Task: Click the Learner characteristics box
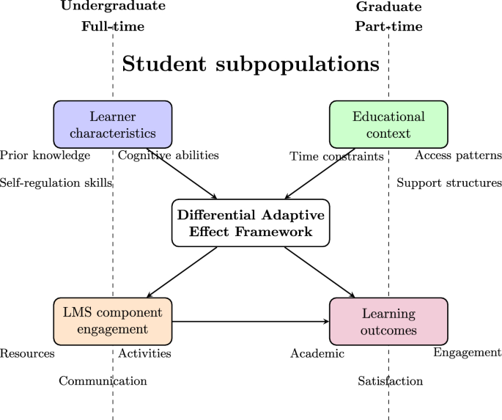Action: [112, 125]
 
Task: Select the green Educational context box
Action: [388, 125]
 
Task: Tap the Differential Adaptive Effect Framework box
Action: [251, 223]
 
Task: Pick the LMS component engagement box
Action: [112, 321]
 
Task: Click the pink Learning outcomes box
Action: [388, 321]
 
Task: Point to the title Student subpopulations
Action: [251, 65]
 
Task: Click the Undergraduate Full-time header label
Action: [112, 17]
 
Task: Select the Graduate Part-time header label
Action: [388, 17]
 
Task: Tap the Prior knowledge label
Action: [45, 155]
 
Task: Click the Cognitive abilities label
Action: [169, 155]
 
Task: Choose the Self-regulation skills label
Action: [56, 183]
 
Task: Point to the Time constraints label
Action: [337, 156]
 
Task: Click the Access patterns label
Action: [458, 155]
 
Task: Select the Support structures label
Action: [449, 183]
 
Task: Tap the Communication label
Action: [103, 380]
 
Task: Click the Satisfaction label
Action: [391, 380]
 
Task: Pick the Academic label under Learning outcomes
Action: [317, 354]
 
